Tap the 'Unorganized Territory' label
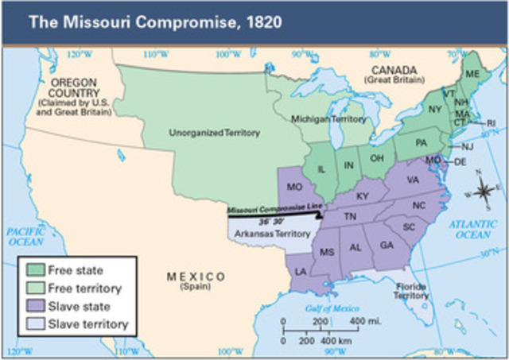pyautogui.click(x=214, y=132)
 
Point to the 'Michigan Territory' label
pyautogui.click(x=323, y=118)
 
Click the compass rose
pyautogui.click(x=484, y=188)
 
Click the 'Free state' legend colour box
pyautogui.click(x=34, y=271)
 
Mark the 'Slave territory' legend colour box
pyautogui.click(x=34, y=324)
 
